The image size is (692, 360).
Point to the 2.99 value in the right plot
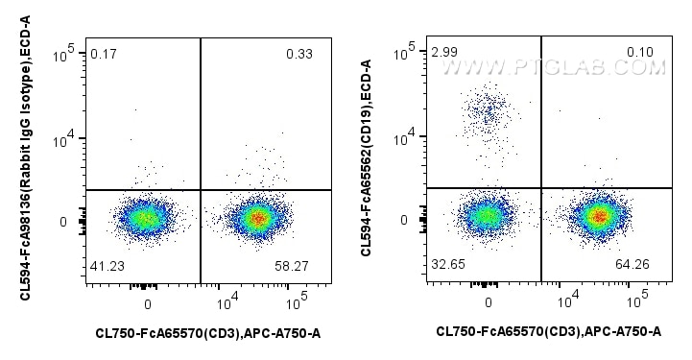[445, 51]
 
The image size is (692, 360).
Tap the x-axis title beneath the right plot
[548, 331]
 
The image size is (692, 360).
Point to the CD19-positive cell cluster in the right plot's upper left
[488, 113]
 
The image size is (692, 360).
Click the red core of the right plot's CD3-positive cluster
[599, 215]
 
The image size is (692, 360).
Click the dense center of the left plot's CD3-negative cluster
[144, 218]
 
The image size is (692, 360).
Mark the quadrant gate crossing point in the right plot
[541, 187]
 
